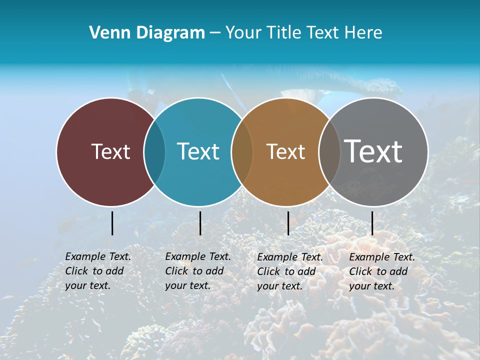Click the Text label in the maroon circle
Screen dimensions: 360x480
click(110, 151)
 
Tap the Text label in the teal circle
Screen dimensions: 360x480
click(198, 151)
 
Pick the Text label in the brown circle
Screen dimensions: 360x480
click(285, 151)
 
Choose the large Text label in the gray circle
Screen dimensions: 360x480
click(373, 151)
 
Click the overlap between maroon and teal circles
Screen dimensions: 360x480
click(154, 151)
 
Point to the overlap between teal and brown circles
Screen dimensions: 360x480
click(242, 151)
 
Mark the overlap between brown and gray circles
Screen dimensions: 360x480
click(329, 151)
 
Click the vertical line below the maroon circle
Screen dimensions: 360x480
click(112, 223)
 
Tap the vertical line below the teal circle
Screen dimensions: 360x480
click(200, 223)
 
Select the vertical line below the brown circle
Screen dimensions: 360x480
click(288, 223)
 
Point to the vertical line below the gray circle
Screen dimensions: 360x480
click(372, 223)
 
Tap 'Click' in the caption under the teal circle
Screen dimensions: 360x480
click(177, 271)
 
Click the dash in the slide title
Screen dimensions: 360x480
click(215, 33)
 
